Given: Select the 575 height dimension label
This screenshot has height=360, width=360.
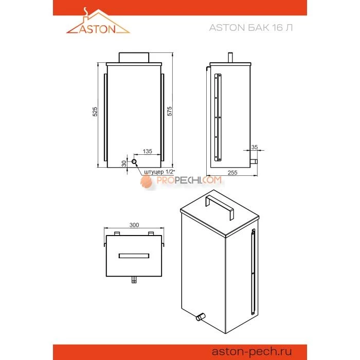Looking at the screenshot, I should click(169, 112).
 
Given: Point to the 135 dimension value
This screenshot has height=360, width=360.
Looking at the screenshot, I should click(147, 152).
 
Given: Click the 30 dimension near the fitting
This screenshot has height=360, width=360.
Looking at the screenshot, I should click(123, 163).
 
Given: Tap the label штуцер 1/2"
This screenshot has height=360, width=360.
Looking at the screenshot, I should click(159, 171).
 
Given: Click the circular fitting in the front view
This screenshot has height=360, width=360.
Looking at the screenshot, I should click(135, 162).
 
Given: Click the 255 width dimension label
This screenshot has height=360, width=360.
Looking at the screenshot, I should click(232, 173).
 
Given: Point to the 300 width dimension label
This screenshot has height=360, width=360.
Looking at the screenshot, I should click(134, 225).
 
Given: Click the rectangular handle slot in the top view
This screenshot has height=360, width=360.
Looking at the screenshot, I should click(134, 256).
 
